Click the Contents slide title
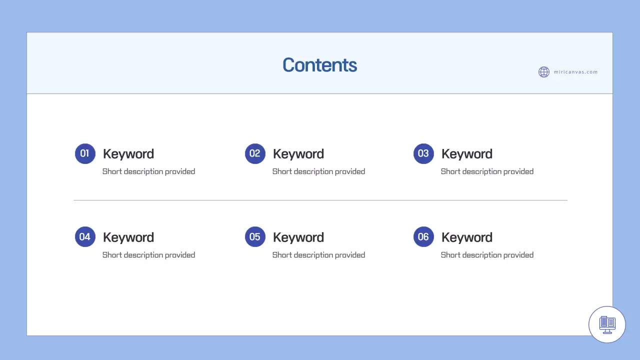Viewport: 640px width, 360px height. click(319, 65)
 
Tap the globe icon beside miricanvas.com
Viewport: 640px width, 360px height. click(544, 72)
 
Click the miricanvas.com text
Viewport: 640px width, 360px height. click(575, 72)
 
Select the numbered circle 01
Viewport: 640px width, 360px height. click(85, 153)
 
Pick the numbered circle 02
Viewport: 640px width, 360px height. click(255, 153)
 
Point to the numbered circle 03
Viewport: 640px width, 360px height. click(423, 153)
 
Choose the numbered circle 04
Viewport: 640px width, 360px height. click(85, 237)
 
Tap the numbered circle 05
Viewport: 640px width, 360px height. click(255, 237)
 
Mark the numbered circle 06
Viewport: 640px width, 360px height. click(423, 237)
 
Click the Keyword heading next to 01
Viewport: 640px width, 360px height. click(128, 154)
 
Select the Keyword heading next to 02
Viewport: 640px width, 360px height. click(298, 154)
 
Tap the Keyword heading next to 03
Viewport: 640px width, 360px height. click(467, 154)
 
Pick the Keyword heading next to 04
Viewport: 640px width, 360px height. click(128, 237)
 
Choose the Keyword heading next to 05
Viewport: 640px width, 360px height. click(298, 237)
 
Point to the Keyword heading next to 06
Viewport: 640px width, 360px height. click(467, 237)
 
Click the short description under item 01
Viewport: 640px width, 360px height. click(148, 171)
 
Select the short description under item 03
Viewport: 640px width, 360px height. click(487, 171)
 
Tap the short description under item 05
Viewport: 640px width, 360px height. click(318, 255)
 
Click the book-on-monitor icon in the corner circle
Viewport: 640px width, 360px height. click(607, 324)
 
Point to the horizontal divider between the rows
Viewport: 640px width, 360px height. click(320, 200)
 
